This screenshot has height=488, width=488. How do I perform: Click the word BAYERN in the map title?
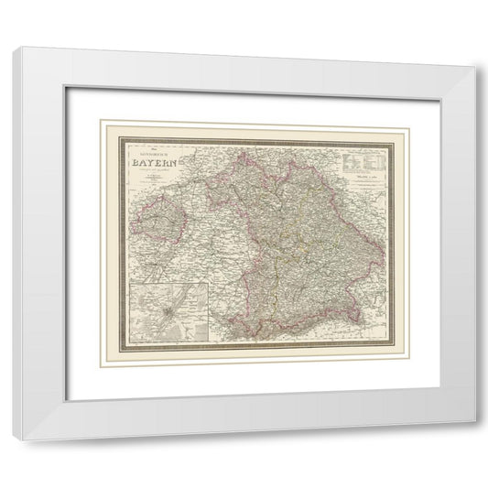coord(152,165)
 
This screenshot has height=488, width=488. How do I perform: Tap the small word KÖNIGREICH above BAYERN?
coord(150,155)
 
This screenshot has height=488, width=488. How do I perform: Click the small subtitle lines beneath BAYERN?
coord(151,175)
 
